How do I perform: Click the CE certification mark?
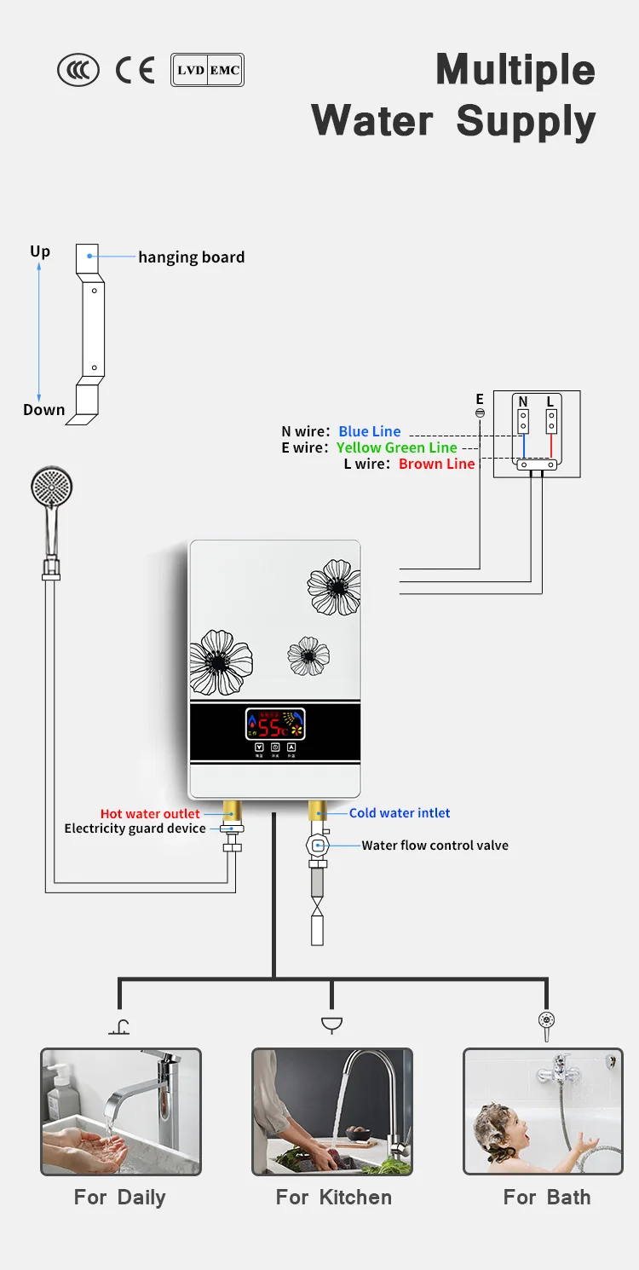(x=135, y=71)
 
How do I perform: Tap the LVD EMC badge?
(x=207, y=71)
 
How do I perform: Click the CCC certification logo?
(x=78, y=71)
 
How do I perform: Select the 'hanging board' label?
(x=191, y=257)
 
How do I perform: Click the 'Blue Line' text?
(x=369, y=431)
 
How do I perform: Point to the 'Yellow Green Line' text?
(x=396, y=447)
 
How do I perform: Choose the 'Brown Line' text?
(x=436, y=464)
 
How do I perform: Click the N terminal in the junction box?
(x=523, y=419)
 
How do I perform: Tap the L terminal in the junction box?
(x=551, y=419)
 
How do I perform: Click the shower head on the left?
(x=51, y=491)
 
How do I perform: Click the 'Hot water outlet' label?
(x=150, y=814)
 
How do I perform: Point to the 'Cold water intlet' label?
(x=400, y=813)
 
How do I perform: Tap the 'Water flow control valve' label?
(x=435, y=846)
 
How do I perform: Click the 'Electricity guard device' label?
(x=135, y=828)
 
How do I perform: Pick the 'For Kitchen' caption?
(x=333, y=1198)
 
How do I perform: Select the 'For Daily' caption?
(x=120, y=1198)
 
